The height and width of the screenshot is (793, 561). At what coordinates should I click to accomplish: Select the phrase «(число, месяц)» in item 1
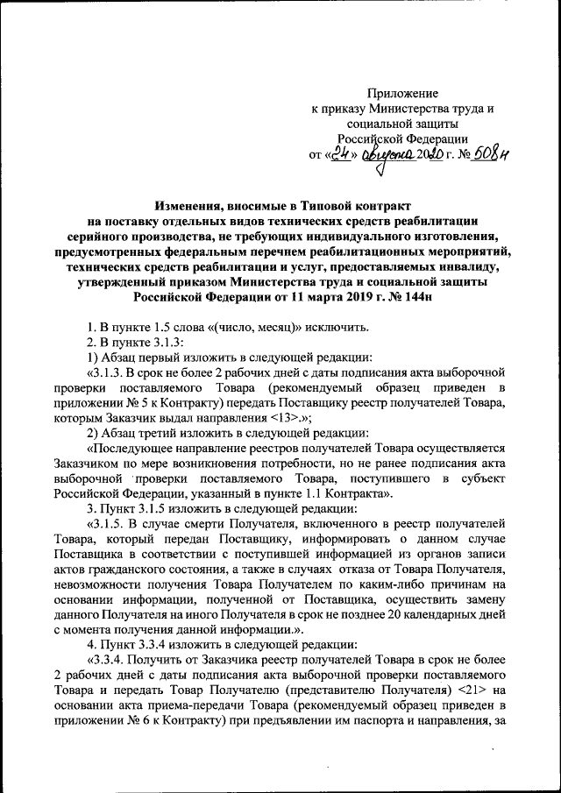(x=251, y=328)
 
